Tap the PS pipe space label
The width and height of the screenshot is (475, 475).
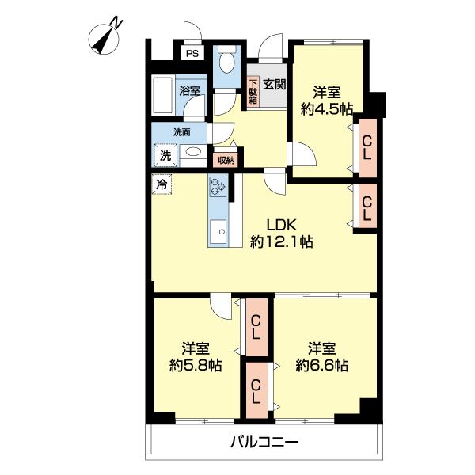tap(192, 54)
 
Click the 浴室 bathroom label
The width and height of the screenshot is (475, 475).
tap(190, 90)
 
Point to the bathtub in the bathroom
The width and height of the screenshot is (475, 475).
tap(164, 95)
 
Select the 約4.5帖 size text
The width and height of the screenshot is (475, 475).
tap(326, 111)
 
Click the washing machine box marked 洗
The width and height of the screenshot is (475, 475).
tap(165, 155)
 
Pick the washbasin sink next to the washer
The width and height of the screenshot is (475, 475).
tap(192, 154)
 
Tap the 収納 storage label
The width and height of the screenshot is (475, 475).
tap(226, 160)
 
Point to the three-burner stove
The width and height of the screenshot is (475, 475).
tap(218, 188)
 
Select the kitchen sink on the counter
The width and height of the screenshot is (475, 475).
tap(218, 232)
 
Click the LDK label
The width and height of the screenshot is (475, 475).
tap(281, 224)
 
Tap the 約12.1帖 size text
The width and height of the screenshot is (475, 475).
tap(281, 242)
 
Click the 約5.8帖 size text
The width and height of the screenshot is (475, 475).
tap(195, 366)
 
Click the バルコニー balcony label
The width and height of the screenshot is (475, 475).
tap(264, 443)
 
